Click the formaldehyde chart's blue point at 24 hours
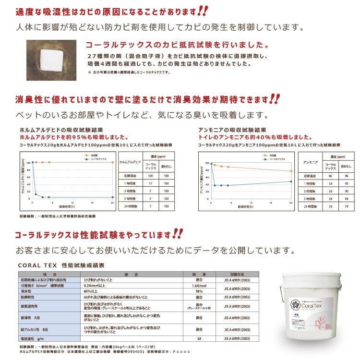[x=113, y=197]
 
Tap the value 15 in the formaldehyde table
[x=151, y=183]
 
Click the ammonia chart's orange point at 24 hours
[x=291, y=171]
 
